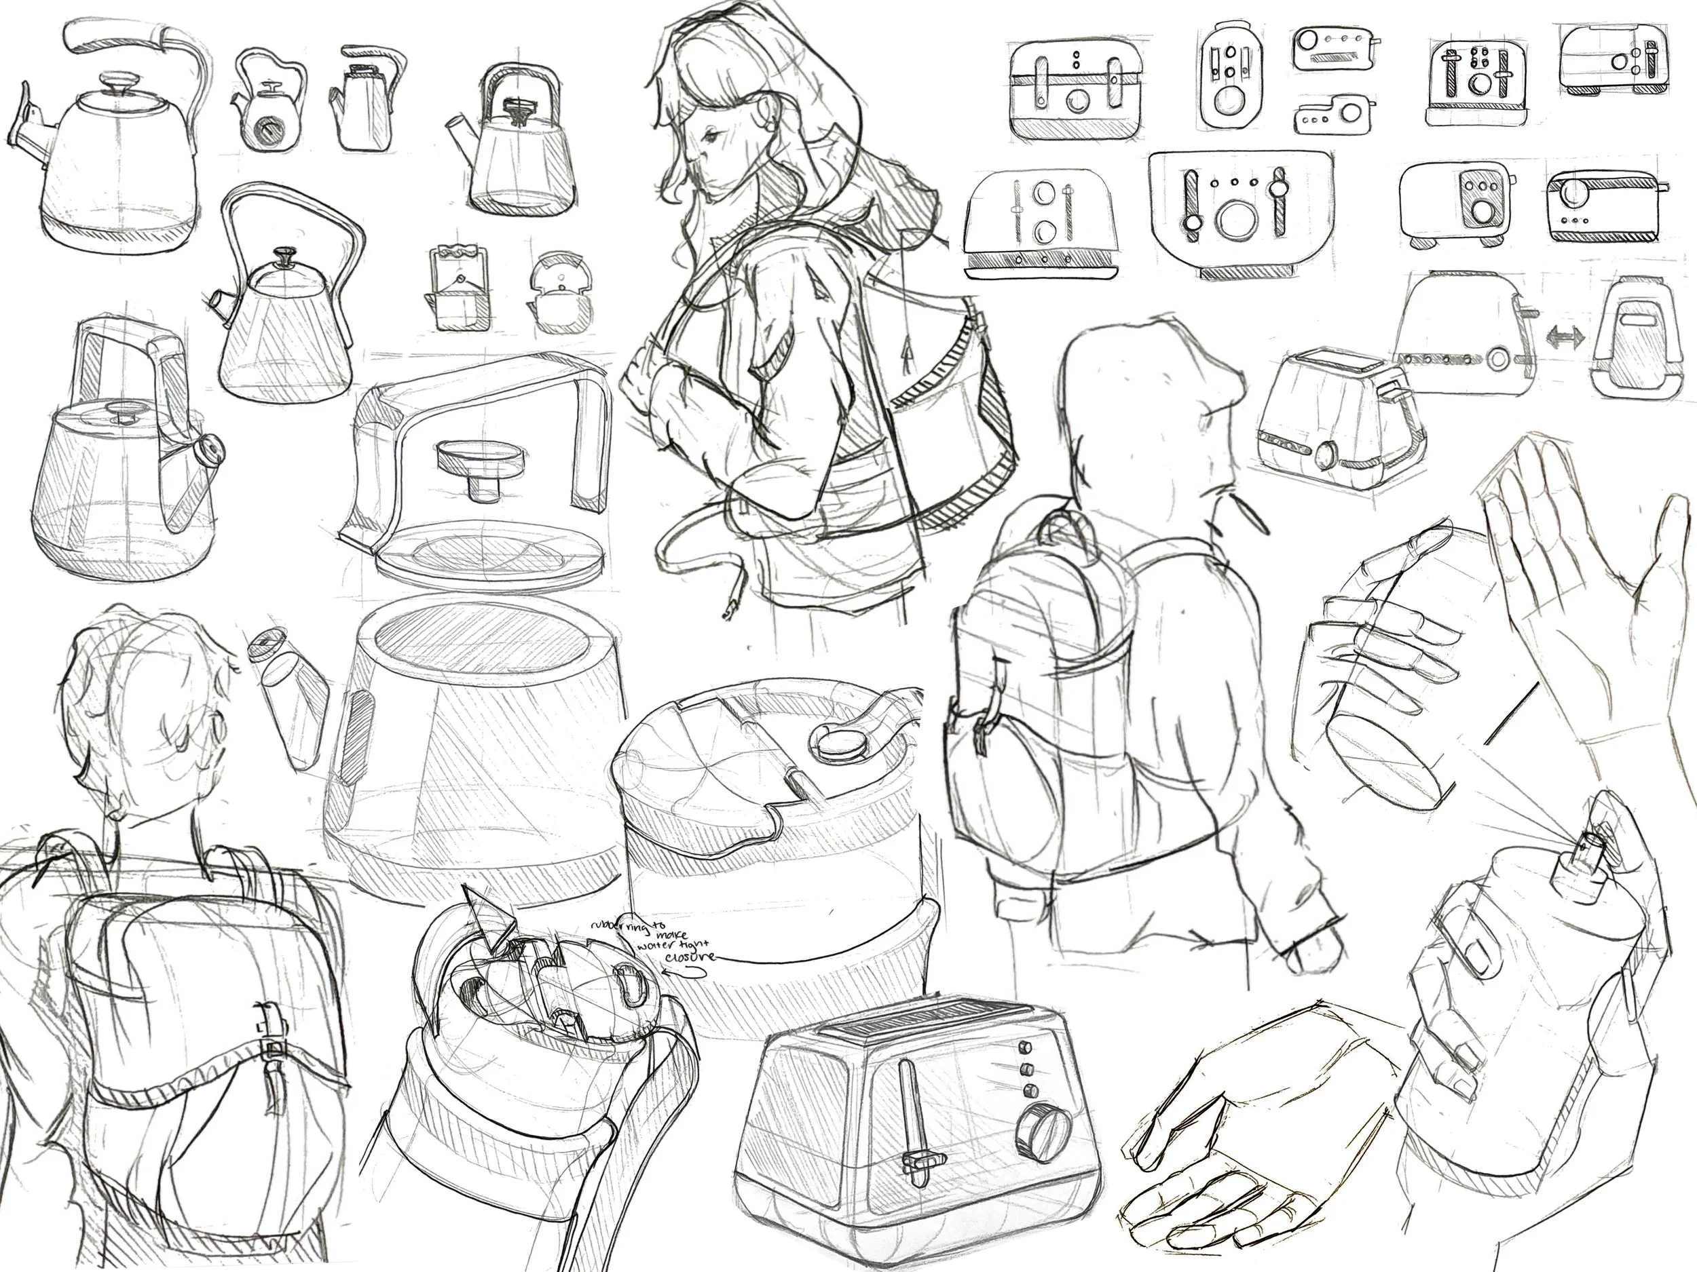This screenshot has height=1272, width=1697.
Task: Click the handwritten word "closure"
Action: [690, 956]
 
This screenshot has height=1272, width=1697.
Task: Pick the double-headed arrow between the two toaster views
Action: [1563, 338]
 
